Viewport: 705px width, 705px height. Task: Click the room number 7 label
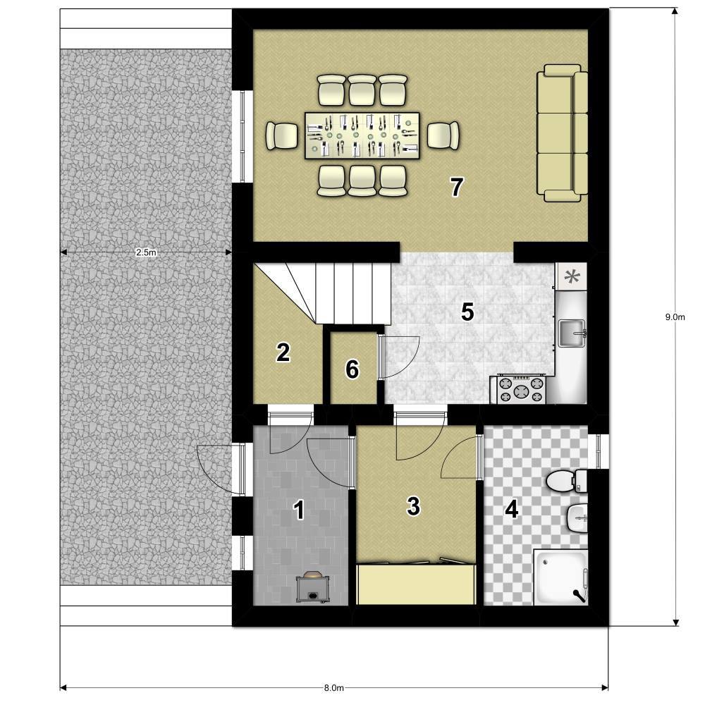[457, 187]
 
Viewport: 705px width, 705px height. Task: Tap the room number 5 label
[467, 312]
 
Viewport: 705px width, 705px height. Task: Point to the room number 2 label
[283, 352]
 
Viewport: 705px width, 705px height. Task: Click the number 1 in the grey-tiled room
[299, 510]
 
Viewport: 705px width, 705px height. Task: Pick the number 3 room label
[413, 505]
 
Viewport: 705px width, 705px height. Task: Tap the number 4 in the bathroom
[512, 510]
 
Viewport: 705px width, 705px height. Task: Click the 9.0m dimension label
[675, 317]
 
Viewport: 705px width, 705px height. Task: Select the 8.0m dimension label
[334, 688]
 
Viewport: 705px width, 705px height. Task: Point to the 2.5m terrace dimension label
[146, 252]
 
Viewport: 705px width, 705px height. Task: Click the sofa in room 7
[563, 133]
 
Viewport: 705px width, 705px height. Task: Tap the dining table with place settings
[362, 135]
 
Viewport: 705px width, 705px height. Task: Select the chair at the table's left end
[282, 135]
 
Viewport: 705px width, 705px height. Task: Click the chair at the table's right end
[443, 135]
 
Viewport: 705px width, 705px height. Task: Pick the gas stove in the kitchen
[522, 389]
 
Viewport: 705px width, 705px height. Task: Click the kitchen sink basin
[572, 333]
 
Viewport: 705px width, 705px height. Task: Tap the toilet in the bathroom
[567, 481]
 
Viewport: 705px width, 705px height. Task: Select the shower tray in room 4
[560, 577]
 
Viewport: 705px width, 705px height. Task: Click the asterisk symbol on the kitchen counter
[572, 276]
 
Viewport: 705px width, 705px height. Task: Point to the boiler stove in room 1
[313, 587]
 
